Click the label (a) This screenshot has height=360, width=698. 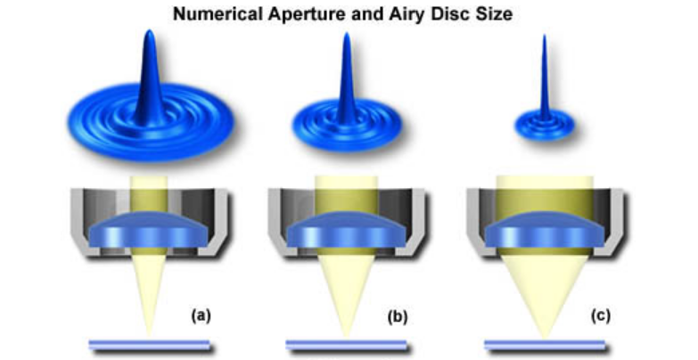click(201, 315)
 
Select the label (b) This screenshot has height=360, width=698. click(396, 316)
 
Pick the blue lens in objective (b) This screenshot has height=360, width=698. click(345, 230)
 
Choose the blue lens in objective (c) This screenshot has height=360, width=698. click(542, 230)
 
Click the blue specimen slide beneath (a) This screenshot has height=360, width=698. click(147, 344)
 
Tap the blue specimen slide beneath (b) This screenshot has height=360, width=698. click(344, 344)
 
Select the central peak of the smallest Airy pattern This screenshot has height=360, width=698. click(544, 80)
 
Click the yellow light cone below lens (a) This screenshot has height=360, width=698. click(148, 285)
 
